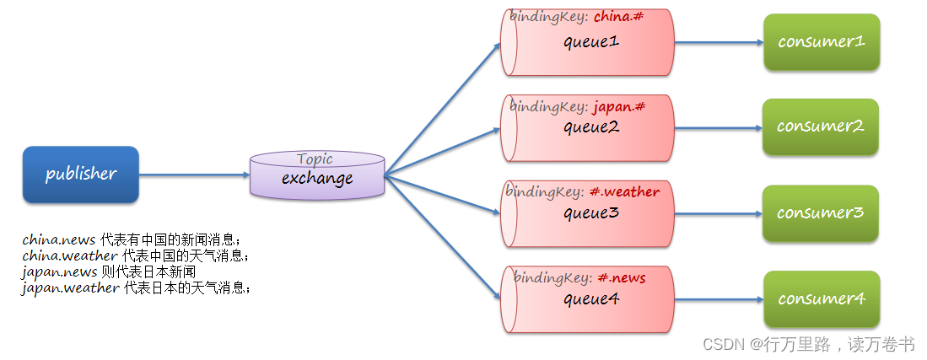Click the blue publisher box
pyautogui.click(x=81, y=175)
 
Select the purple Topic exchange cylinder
pyautogui.click(x=317, y=175)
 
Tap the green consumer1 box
pyautogui.click(x=822, y=42)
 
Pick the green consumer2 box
pyautogui.click(x=821, y=126)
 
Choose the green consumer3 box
pyautogui.click(x=821, y=212)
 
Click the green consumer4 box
pyautogui.click(x=822, y=299)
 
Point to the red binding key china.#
pyautogui.click(x=617, y=17)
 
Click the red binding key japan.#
pyautogui.click(x=618, y=107)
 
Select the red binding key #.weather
pyautogui.click(x=624, y=191)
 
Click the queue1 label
pyautogui.click(x=591, y=42)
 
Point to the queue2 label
pyautogui.click(x=591, y=127)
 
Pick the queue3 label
pyautogui.click(x=591, y=213)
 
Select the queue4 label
pyautogui.click(x=591, y=299)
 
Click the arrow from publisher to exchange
pyautogui.click(x=195, y=175)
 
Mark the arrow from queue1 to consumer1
pyautogui.click(x=720, y=42)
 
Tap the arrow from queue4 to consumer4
pyautogui.click(x=720, y=299)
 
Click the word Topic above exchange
pyautogui.click(x=315, y=159)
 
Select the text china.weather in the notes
pyautogui.click(x=70, y=256)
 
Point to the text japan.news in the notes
pyautogui.click(x=59, y=272)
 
